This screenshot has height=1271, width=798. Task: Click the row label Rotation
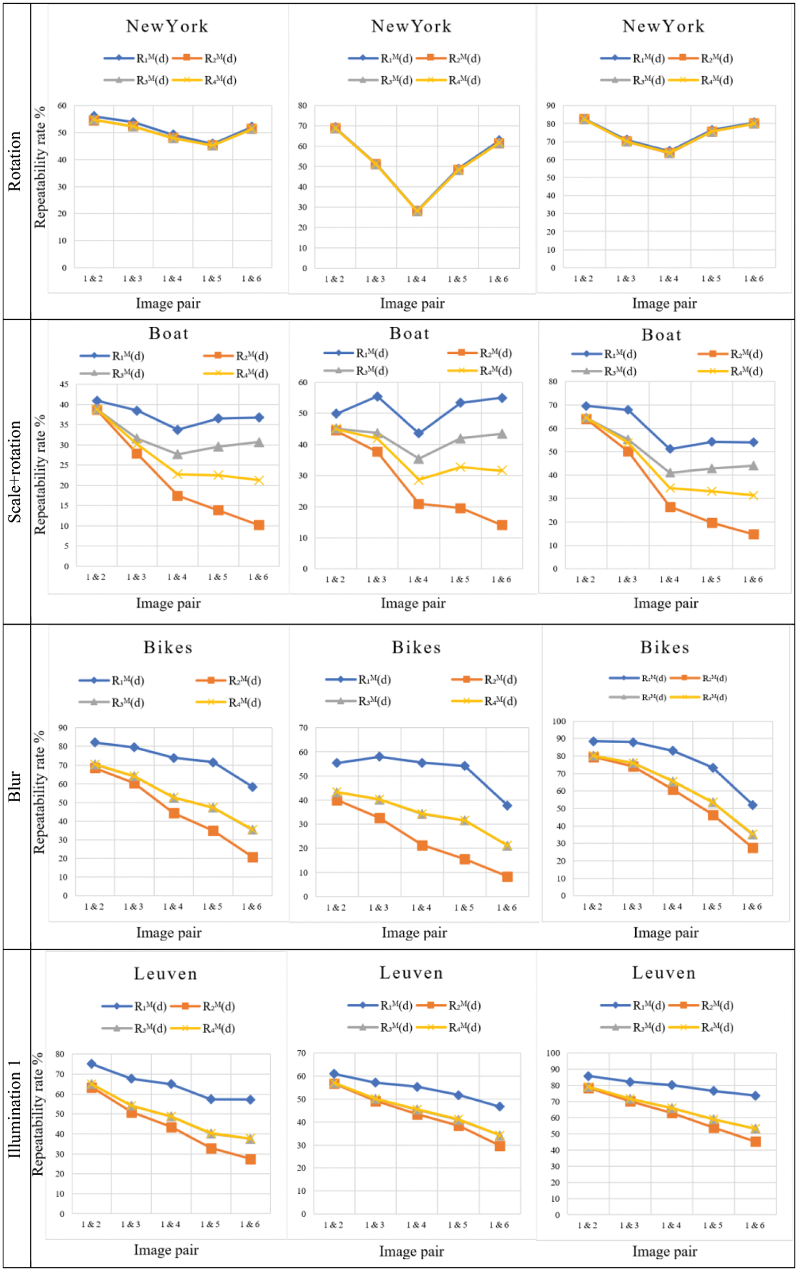click(x=14, y=161)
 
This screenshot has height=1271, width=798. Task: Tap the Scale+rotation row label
click(x=14, y=471)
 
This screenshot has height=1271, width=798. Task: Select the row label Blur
click(x=14, y=786)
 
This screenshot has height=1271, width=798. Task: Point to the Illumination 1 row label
click(x=14, y=1109)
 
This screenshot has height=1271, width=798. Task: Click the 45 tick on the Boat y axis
click(x=64, y=384)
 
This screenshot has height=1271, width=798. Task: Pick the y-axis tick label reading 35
click(x=64, y=425)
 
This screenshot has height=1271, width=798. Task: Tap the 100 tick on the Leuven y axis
click(x=553, y=1053)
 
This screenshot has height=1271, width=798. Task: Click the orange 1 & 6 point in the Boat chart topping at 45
click(x=259, y=525)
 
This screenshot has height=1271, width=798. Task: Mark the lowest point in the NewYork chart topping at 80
click(x=417, y=211)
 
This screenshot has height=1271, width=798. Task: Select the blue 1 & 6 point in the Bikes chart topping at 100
click(x=752, y=805)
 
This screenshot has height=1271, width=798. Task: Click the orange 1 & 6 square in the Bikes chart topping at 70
click(x=507, y=877)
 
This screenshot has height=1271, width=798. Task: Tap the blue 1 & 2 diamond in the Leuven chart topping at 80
click(x=92, y=1064)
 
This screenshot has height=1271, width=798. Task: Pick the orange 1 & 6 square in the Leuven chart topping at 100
click(x=755, y=1142)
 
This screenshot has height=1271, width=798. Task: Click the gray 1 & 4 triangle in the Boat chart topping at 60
click(x=419, y=459)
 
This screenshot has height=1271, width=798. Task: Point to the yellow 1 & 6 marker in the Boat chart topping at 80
click(x=753, y=495)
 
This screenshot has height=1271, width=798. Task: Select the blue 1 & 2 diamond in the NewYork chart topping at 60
click(x=94, y=116)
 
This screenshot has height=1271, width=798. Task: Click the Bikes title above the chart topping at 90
click(x=168, y=647)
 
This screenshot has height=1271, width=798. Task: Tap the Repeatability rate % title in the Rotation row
click(x=40, y=168)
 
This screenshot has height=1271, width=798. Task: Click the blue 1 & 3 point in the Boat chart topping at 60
click(x=377, y=396)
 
